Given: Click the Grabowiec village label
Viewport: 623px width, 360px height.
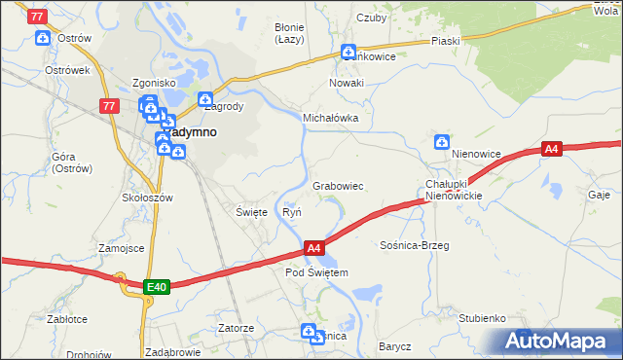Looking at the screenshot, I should tap(338, 185).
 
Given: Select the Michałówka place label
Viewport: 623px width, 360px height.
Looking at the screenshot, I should tap(331, 117).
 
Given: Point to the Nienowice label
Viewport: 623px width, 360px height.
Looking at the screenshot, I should tap(475, 154).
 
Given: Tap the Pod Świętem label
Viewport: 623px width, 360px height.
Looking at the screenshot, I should tap(316, 272).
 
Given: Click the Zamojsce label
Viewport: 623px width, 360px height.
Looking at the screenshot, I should tap(121, 248).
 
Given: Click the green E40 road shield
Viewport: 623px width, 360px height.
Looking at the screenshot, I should tap(157, 286).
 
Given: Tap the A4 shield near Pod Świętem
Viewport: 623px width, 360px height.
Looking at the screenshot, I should tap(313, 249).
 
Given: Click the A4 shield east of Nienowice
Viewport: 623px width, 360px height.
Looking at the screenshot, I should tap(552, 149).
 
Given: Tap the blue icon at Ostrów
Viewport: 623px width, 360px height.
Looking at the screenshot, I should tap(43, 39).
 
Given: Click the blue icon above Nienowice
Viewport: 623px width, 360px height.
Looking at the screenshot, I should tap(442, 142).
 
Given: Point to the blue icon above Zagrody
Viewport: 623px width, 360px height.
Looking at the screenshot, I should tap(205, 98).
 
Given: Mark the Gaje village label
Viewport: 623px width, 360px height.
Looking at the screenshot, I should tap(599, 195).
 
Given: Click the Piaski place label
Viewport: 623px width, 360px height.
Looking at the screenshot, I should tap(445, 42).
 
